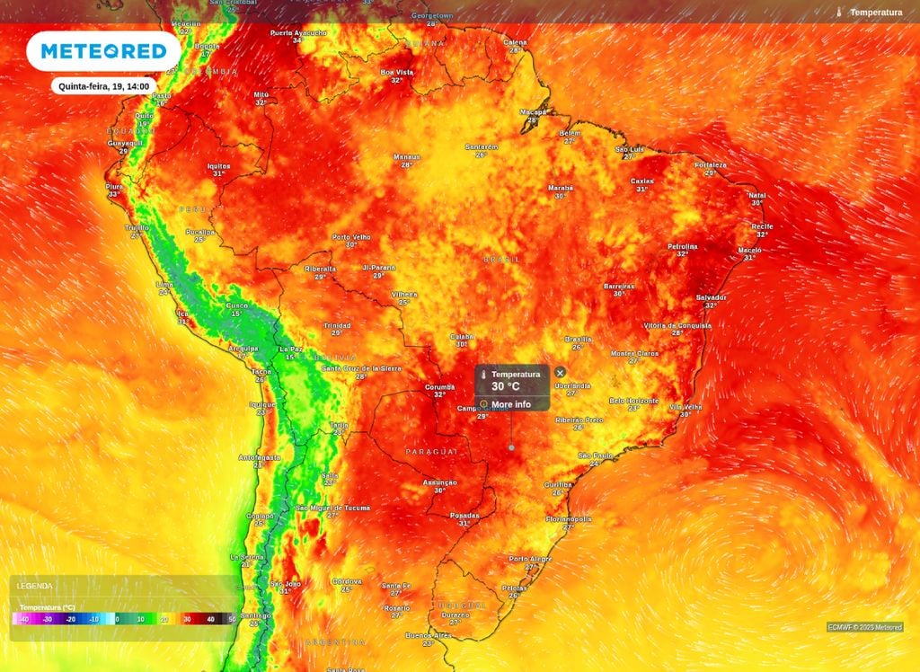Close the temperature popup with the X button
pos(560,372)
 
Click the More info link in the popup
pos(510,404)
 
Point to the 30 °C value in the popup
pos(506,386)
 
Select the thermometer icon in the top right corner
pos(838,13)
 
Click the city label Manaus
pos(407,157)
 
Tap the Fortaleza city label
pos(710,165)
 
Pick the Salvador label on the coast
pos(711,297)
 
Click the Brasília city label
pos(578,339)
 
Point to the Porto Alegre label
pos(530,559)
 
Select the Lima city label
pos(164,284)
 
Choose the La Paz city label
pos(289,349)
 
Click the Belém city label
pos(571,133)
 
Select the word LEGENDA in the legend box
pos(34,586)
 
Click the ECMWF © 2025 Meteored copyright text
pos(864,627)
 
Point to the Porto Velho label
pos(351,237)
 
